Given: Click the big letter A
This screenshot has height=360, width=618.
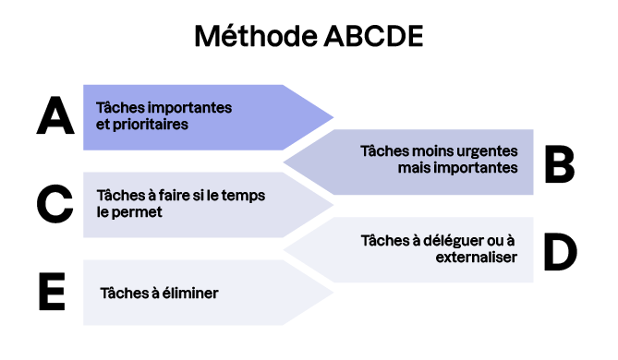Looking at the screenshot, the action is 55,117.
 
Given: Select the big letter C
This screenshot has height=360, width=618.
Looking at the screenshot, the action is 55,204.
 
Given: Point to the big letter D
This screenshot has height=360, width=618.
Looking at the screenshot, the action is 559,250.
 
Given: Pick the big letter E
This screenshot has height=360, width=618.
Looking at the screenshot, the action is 52,293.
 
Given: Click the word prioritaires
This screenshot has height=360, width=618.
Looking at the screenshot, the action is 151,124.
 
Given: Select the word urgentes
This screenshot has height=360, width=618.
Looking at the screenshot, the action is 489,151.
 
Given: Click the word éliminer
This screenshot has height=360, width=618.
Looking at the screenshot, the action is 192,293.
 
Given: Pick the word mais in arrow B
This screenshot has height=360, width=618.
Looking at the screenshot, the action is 416,168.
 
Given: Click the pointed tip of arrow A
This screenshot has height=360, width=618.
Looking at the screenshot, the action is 332,117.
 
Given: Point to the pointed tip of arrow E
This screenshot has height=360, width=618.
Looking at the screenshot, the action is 332,293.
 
